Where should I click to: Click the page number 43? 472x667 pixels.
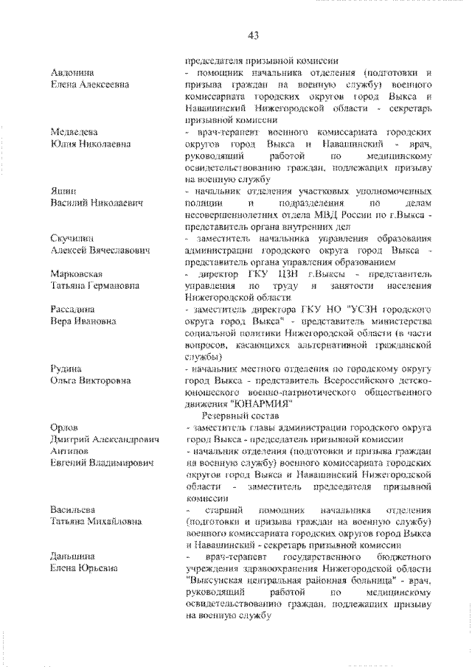pyautogui.click(x=254, y=36)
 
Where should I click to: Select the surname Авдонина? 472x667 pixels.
pyautogui.click(x=72, y=73)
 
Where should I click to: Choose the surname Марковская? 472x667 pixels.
pyautogui.click(x=77, y=273)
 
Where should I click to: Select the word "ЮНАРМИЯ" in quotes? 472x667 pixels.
pyautogui.click(x=262, y=403)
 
